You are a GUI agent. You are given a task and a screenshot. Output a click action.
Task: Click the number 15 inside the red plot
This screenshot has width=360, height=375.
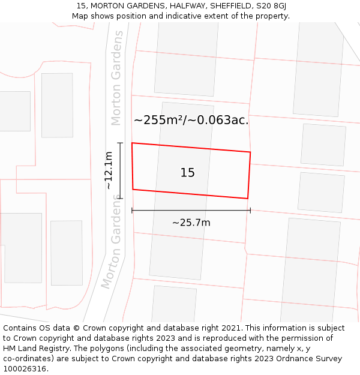pyautogui.click(x=187, y=173)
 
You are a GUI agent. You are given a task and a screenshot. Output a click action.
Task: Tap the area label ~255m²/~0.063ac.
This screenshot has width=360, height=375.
pyautogui.click(x=191, y=120)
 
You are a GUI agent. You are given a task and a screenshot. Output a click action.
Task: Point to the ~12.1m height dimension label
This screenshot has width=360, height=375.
pyautogui.click(x=109, y=170)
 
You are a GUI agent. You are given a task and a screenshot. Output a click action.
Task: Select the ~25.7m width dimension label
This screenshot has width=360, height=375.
pyautogui.click(x=191, y=223)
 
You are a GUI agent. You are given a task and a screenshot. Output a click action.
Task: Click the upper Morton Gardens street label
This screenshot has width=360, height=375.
pyautogui.click(x=116, y=78)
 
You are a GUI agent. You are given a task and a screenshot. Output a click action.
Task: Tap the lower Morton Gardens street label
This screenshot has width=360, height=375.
pyautogui.click(x=113, y=242)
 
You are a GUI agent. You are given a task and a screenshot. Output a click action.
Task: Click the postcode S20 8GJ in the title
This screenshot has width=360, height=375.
pyautogui.click(x=271, y=6)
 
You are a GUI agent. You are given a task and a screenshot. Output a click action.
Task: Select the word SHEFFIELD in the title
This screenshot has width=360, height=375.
pyautogui.click(x=229, y=6)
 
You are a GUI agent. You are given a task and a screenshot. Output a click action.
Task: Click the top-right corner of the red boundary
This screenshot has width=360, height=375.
pyautogui.click(x=250, y=152)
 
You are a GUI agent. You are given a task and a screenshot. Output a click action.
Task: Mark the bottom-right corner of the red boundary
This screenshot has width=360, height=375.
pyautogui.click(x=248, y=198)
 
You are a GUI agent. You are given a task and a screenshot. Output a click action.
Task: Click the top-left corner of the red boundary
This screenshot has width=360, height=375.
pyautogui.click(x=132, y=143)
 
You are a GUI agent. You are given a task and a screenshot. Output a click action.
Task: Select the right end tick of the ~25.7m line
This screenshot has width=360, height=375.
pyautogui.click(x=250, y=210)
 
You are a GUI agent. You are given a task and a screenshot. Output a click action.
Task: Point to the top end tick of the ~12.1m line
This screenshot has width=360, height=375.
pyautogui.click(x=121, y=143)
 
